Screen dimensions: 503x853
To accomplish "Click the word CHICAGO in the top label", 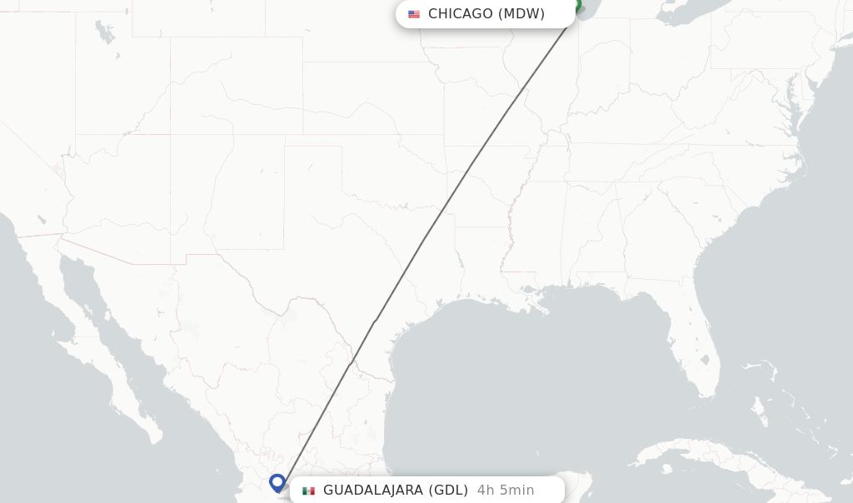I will tap(460, 13).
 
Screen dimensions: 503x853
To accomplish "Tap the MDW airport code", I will tap(521, 13).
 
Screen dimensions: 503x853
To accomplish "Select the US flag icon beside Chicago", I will tap(414, 14).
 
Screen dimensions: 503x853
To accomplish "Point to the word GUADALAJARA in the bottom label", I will tap(372, 490).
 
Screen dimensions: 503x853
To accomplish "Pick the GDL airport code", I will tap(448, 490).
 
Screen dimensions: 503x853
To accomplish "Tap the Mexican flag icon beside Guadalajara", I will tap(308, 491).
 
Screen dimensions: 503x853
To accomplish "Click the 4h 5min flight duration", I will tap(506, 490).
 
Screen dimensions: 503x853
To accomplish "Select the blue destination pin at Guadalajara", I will tap(277, 482).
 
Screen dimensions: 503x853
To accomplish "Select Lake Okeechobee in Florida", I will tap(705, 361).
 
